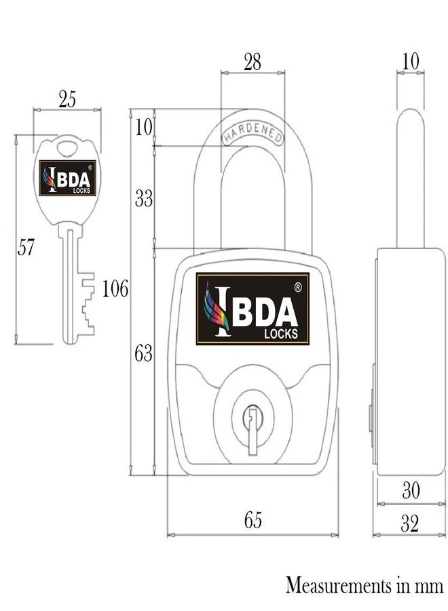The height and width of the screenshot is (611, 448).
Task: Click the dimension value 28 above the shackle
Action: coord(252,62)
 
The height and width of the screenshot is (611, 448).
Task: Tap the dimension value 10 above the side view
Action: coord(411,62)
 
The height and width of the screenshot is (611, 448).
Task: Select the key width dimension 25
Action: coord(67,100)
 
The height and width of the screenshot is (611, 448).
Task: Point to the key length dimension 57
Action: coord(26,248)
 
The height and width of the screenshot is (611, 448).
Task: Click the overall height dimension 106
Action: coord(115,290)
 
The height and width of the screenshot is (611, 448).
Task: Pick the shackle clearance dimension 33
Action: coord(144,199)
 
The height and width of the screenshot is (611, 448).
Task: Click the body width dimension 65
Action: coord(253,521)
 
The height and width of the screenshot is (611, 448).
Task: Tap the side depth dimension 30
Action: coord(411,490)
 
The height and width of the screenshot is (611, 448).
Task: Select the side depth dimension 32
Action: coord(410,523)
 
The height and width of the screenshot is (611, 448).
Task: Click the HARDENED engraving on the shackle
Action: coord(253,133)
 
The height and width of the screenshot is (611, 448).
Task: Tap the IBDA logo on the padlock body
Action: coord(253,308)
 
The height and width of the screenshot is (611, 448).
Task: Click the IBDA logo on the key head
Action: coord(67,179)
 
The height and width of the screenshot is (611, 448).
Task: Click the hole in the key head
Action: coord(67,146)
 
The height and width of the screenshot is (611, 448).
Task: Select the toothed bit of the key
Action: coord(86,305)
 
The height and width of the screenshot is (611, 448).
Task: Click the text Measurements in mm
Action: coord(364,585)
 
